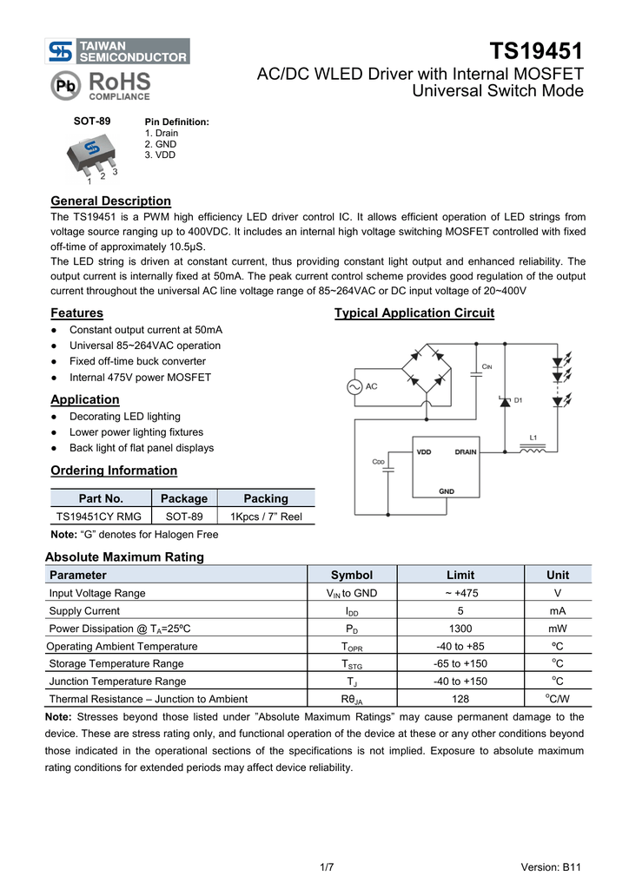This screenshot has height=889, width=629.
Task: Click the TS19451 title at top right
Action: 536,50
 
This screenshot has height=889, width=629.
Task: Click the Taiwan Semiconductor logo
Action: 118,51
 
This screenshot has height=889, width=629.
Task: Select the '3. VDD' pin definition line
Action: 160,155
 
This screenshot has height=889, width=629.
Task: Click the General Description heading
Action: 110,201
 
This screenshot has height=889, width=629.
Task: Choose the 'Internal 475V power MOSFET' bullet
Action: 140,378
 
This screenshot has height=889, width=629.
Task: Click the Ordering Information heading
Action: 114,471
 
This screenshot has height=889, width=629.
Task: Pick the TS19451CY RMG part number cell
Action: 99,517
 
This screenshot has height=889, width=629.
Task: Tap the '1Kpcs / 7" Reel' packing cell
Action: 265,517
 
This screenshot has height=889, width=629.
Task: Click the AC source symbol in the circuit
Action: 355,386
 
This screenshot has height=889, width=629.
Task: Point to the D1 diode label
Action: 519,400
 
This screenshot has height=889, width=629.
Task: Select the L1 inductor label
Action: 534,438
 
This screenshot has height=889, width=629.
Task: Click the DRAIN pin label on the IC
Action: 466,451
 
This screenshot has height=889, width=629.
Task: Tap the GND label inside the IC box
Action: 447,491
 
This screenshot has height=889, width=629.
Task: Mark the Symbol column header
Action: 351,575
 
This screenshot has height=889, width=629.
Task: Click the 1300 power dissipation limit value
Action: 460,629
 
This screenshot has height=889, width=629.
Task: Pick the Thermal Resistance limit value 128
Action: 460,699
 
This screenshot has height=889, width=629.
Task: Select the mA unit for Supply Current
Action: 558,611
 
